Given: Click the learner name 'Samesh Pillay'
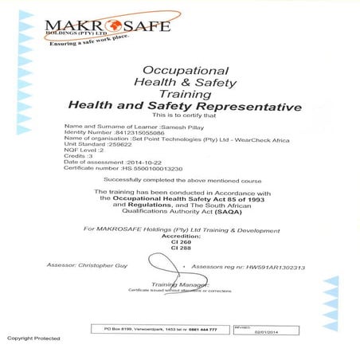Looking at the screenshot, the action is [x=161, y=127].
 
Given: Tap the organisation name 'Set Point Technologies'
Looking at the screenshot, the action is [x=172, y=140].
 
